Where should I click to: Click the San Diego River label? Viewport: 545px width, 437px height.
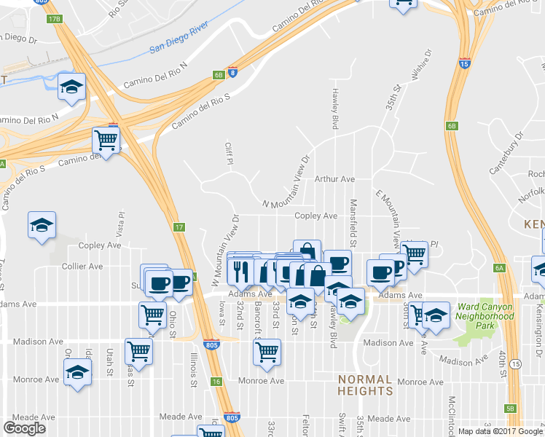[x=179, y=43]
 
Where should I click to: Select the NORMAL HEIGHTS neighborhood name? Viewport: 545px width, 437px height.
[x=365, y=385]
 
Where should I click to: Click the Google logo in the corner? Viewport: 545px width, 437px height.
[x=25, y=428]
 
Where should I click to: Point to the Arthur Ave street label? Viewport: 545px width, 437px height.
[x=334, y=179]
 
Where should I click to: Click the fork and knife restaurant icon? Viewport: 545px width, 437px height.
[x=240, y=269]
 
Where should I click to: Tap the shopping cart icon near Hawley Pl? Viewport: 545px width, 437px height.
[x=414, y=254]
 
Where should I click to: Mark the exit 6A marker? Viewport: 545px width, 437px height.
[x=500, y=268]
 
